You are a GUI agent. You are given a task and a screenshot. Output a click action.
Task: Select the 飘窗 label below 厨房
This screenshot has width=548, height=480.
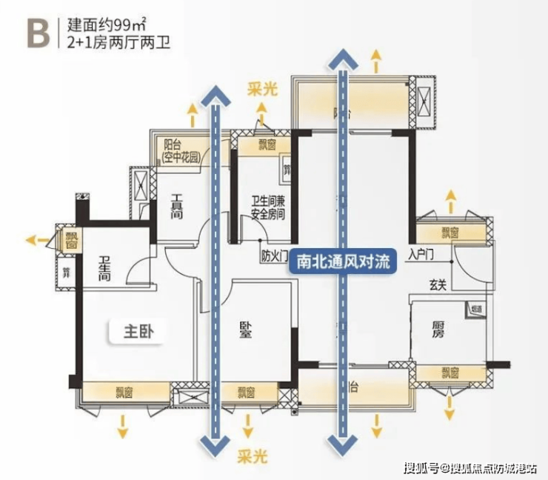(x=450, y=373)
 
